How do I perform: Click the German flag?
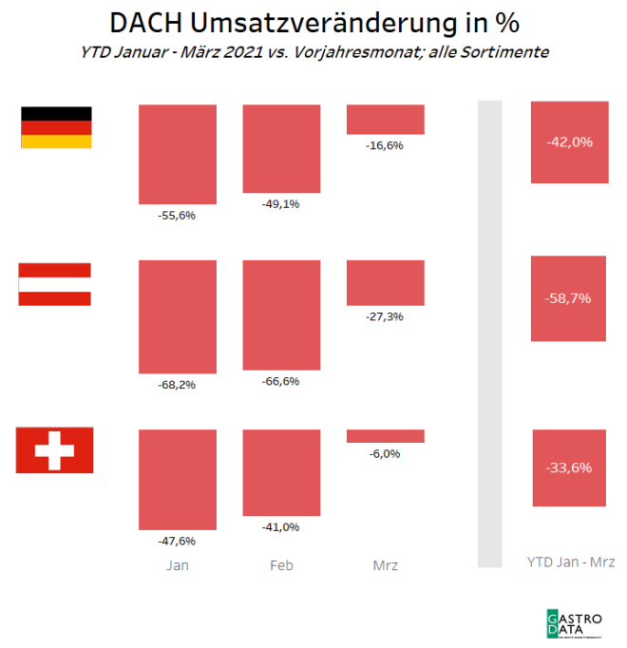56,127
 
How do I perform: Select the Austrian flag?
55,284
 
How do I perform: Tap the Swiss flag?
54,449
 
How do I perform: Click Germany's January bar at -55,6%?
177,155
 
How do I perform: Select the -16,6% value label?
385,145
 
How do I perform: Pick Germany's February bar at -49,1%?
281,148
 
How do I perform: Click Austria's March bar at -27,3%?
385,282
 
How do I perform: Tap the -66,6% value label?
281,381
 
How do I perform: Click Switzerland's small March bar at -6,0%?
385,436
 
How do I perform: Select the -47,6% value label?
177,541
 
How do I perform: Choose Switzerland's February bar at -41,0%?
281,473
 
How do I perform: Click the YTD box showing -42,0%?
570,142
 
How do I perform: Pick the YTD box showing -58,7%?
570,298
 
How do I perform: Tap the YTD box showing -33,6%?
570,467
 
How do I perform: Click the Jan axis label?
177,565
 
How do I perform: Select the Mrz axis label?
385,565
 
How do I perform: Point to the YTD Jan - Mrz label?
570,562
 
